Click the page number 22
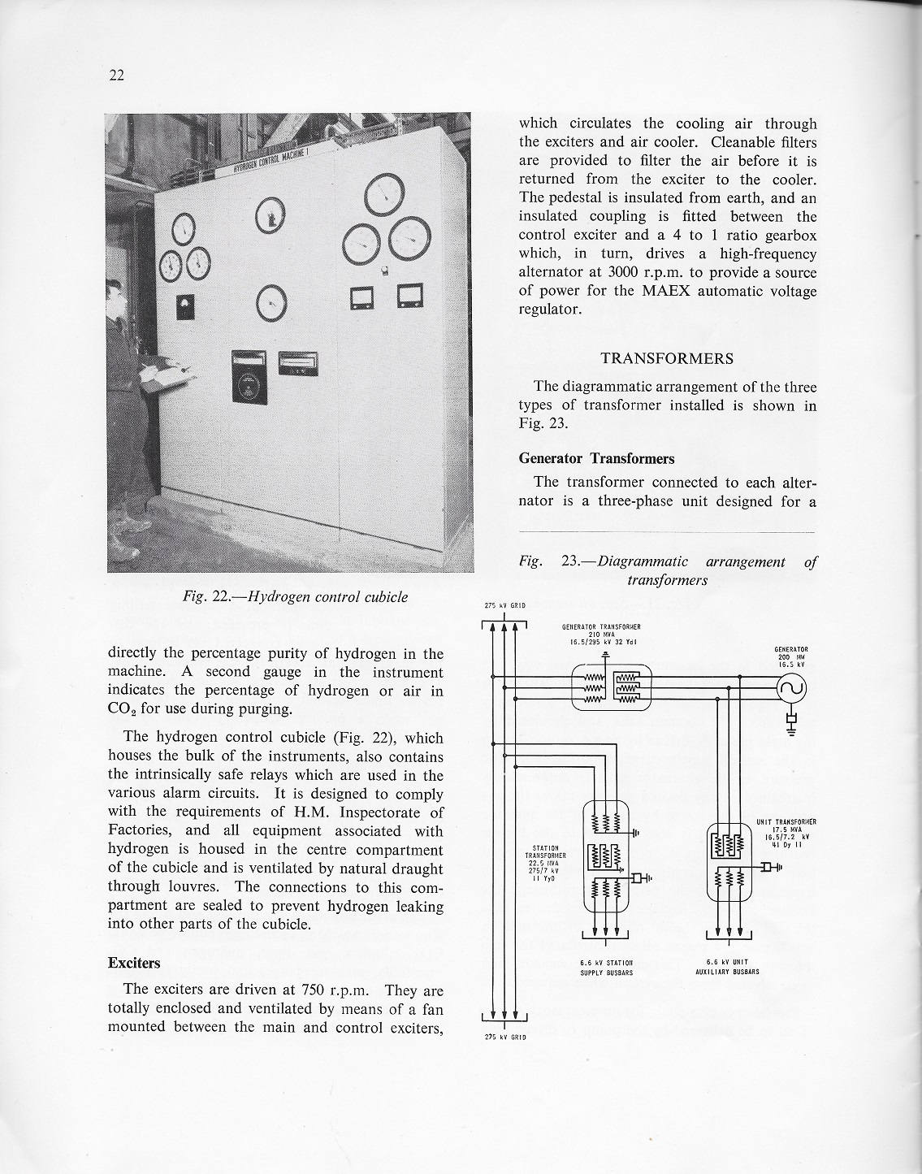click(115, 76)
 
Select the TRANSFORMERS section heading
click(667, 358)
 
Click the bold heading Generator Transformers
click(596, 458)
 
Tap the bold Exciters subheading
click(134, 963)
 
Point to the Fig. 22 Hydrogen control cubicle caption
click(295, 597)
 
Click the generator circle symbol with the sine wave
click(792, 689)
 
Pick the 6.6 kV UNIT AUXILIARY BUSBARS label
click(728, 967)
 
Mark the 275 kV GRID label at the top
click(504, 605)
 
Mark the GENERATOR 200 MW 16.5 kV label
click(791, 656)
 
